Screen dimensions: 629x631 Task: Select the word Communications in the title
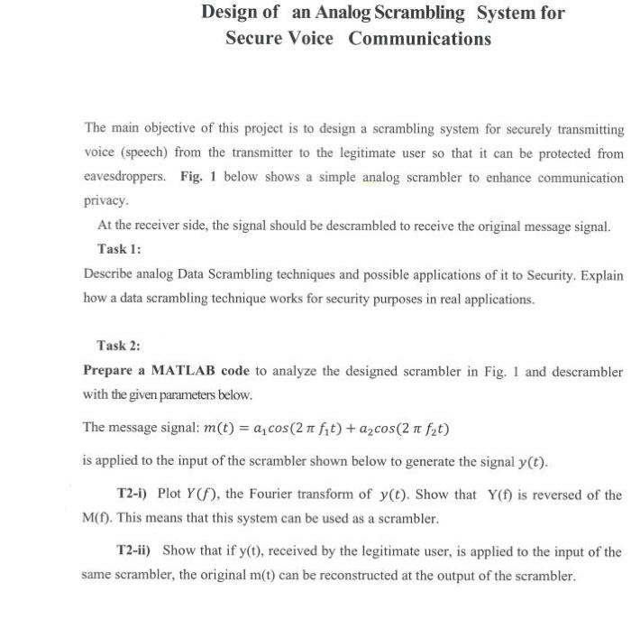(420, 39)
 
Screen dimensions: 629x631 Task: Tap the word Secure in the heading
(253, 39)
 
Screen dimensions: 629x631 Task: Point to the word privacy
(105, 200)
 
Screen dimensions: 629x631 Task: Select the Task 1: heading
(119, 248)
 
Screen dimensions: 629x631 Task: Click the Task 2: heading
(119, 346)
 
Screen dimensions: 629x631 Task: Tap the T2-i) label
(135, 495)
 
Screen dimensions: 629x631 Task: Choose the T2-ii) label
(137, 550)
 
